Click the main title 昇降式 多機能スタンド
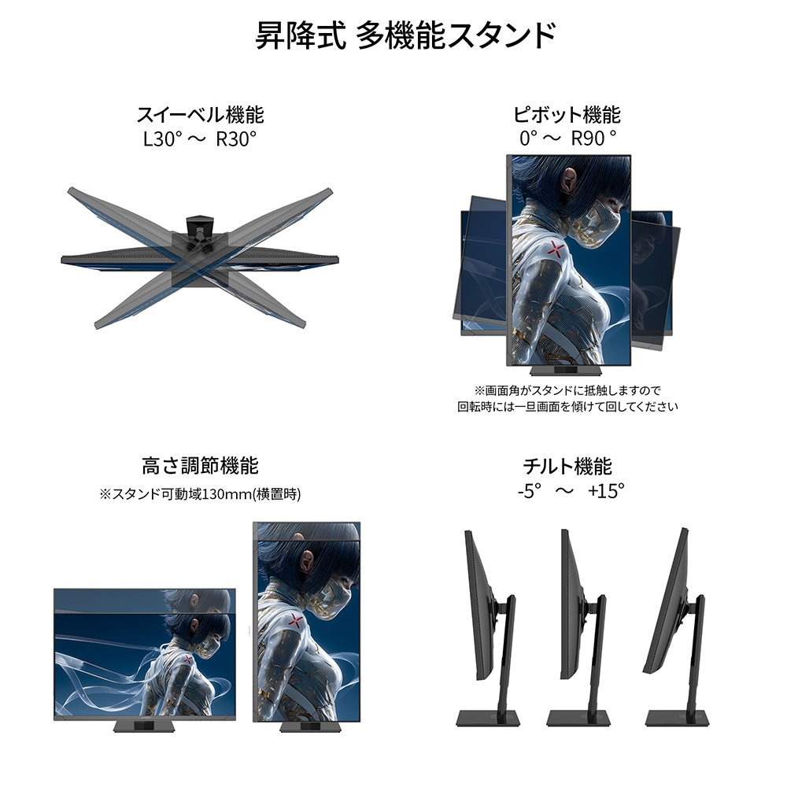[405, 35]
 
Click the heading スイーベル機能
[200, 115]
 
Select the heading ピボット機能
[567, 115]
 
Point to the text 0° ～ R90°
[567, 139]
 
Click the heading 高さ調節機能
[200, 466]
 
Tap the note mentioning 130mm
[200, 494]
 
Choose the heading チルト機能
[567, 466]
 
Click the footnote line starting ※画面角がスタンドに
[567, 390]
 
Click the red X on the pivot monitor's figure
[555, 247]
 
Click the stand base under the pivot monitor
[566, 371]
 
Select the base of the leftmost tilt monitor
[488, 718]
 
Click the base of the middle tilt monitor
[578, 718]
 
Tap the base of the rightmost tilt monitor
[678, 718]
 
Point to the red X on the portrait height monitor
[296, 622]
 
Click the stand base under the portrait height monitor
[307, 726]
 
